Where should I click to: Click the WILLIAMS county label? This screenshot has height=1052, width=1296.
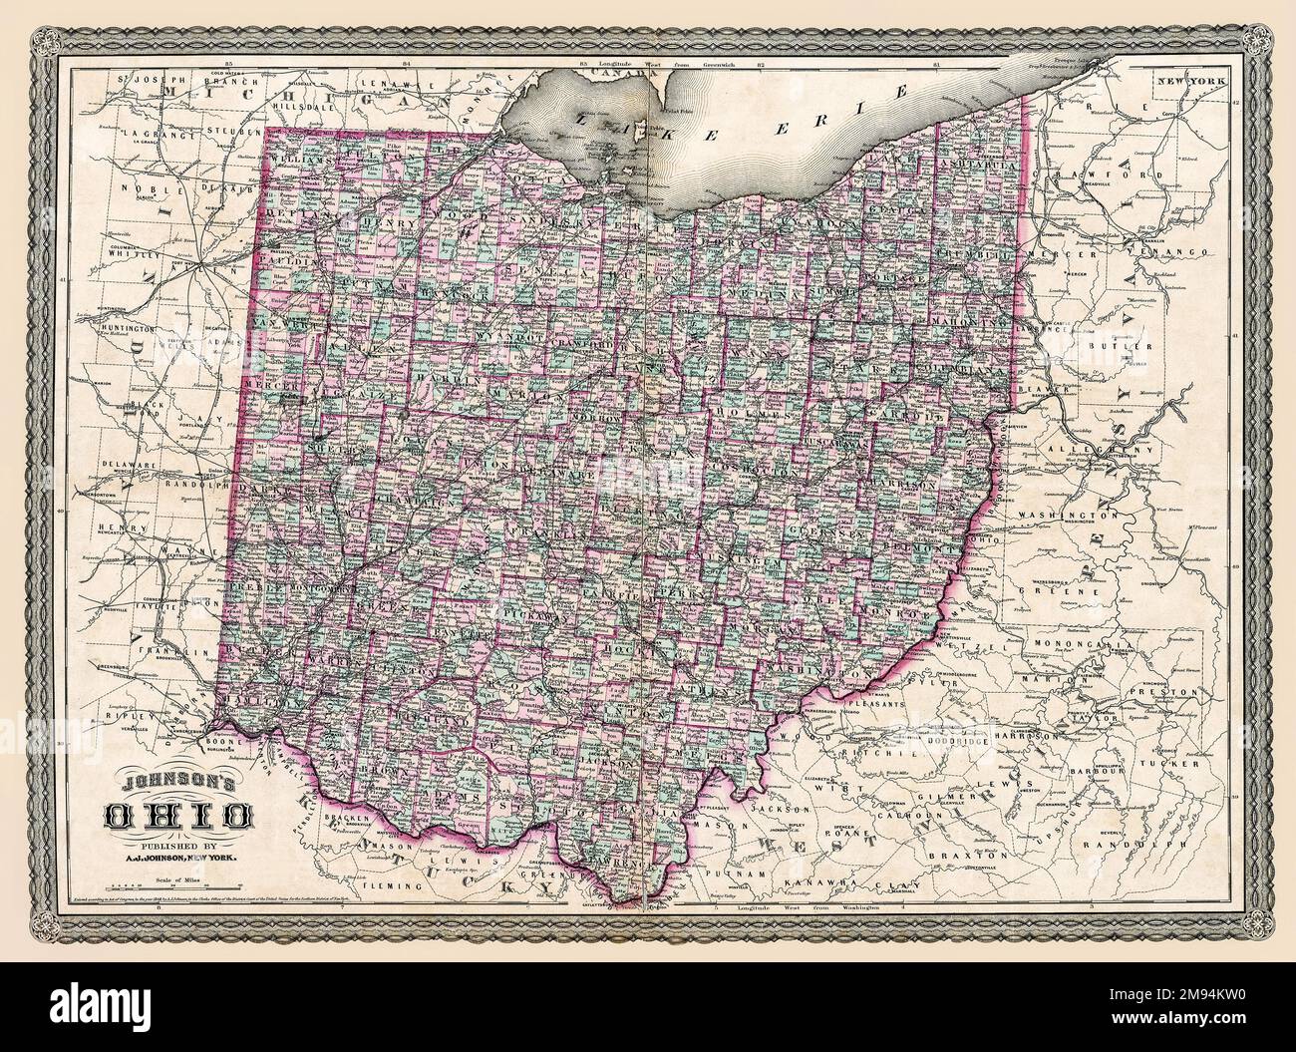pos(302,160)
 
